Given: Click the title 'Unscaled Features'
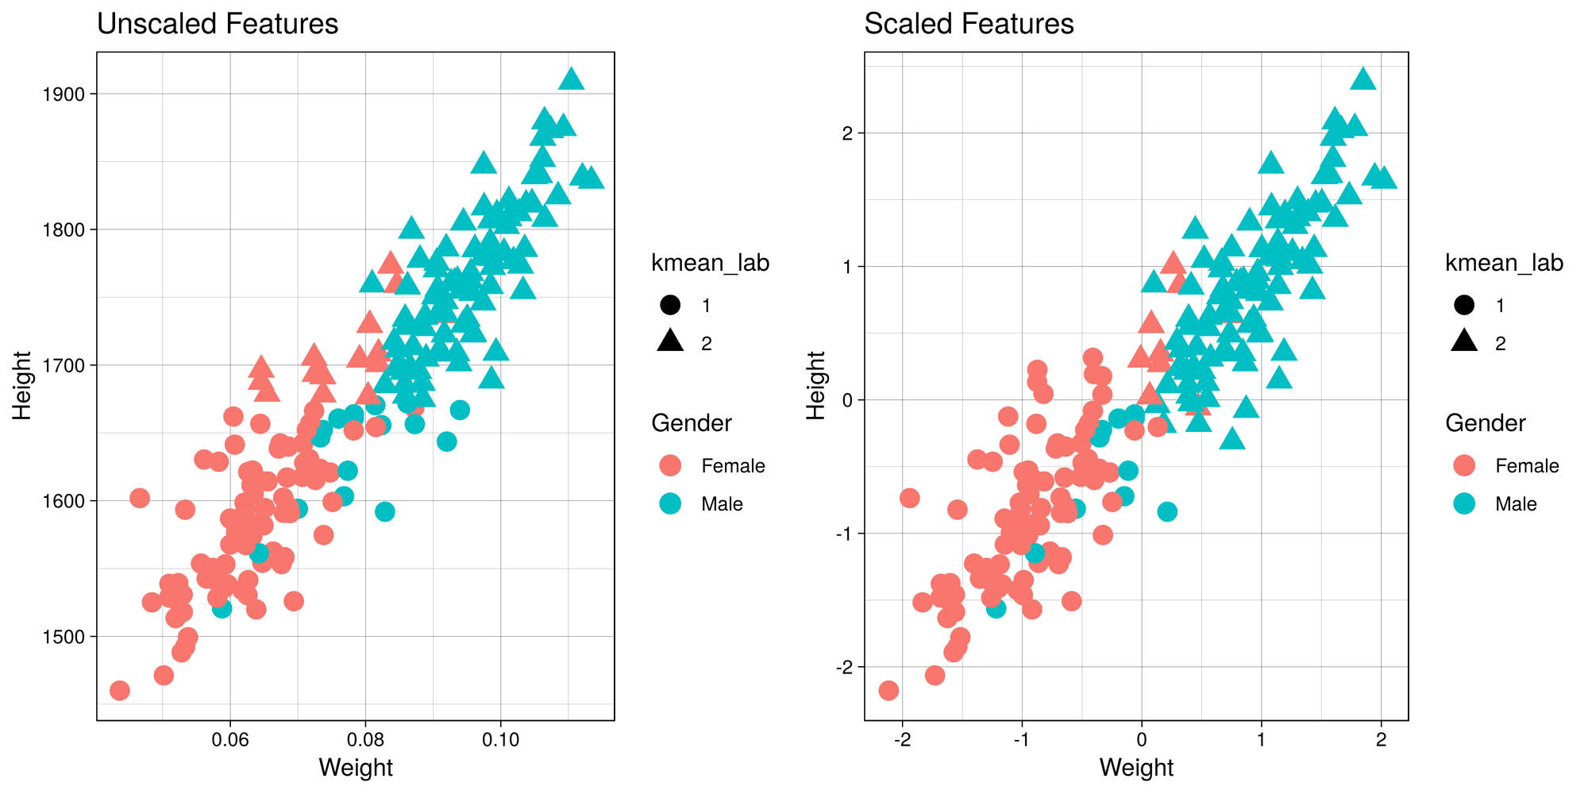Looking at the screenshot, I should (x=217, y=24).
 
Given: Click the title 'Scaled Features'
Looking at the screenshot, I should (x=968, y=24).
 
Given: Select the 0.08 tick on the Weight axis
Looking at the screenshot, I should (x=364, y=738).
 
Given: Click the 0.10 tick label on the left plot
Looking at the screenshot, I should (x=500, y=738).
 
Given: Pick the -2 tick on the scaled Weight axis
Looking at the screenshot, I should (x=902, y=738).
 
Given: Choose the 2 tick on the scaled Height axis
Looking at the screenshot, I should (x=847, y=133).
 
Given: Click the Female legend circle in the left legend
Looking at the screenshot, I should (x=670, y=466).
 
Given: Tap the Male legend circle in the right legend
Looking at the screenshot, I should (x=1464, y=504).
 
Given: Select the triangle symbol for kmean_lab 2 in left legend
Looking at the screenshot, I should (x=670, y=341).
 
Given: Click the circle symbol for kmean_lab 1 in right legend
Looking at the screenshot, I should (x=1464, y=305).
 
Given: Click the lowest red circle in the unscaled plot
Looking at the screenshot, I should (x=119, y=690).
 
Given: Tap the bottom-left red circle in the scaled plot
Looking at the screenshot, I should (x=888, y=690).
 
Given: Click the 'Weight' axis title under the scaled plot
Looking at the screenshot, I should (x=1136, y=768).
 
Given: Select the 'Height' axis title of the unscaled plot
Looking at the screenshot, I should (x=22, y=386).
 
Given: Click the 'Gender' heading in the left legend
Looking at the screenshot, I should (x=691, y=423).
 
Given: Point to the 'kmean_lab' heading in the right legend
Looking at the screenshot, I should (x=1504, y=263).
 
